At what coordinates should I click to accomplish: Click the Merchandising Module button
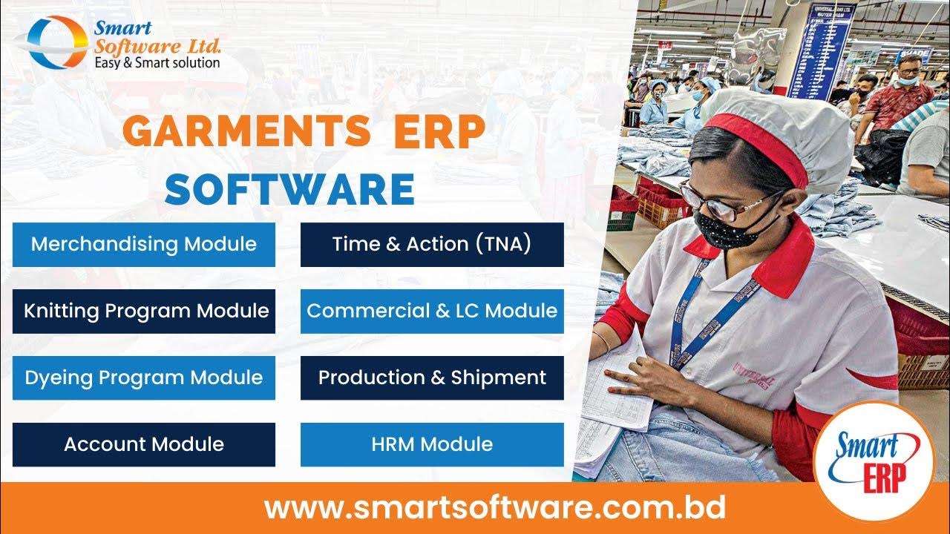[144, 244]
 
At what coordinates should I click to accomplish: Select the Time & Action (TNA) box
[432, 244]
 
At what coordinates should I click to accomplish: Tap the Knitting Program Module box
[144, 311]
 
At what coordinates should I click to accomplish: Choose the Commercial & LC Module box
[432, 311]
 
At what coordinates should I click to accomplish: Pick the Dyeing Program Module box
[144, 378]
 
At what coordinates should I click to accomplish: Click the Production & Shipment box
[432, 378]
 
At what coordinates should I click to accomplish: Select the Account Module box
[144, 444]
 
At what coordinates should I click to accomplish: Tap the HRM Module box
[432, 444]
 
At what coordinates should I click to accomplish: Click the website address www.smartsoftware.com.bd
[495, 509]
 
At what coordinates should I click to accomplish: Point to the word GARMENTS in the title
[247, 132]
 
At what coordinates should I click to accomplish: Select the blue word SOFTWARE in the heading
[289, 190]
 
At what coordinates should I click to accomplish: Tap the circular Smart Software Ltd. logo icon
[56, 42]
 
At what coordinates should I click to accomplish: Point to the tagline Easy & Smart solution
[157, 63]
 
